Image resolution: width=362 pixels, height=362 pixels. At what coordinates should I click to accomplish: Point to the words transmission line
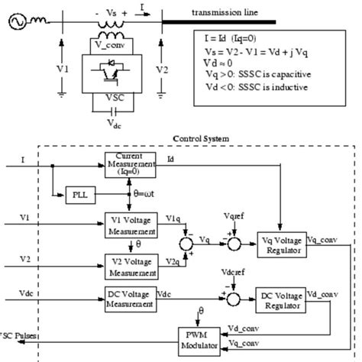(225, 13)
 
